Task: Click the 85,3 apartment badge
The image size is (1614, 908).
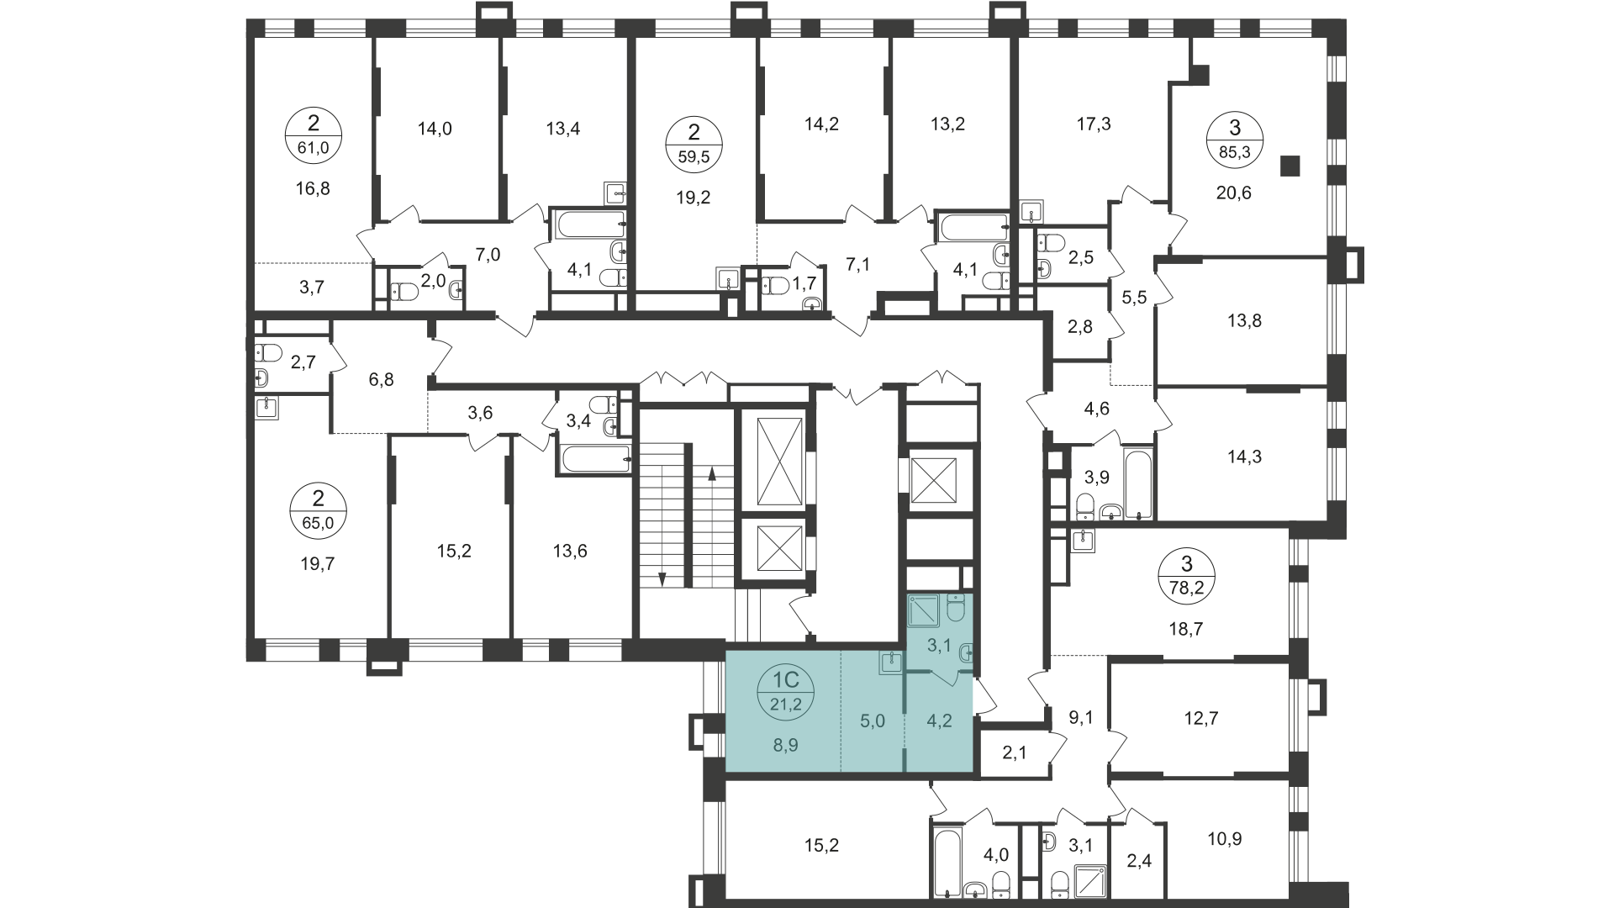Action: pyautogui.click(x=1234, y=139)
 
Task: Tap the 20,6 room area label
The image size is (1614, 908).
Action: pyautogui.click(x=1234, y=193)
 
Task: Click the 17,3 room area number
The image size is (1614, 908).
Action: pyautogui.click(x=1093, y=124)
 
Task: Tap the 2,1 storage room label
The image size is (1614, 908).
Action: pyautogui.click(x=1015, y=752)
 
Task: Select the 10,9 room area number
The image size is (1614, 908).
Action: pyautogui.click(x=1224, y=839)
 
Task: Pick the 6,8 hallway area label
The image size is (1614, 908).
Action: pyautogui.click(x=381, y=380)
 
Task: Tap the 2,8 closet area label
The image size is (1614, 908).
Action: pyautogui.click(x=1080, y=326)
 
